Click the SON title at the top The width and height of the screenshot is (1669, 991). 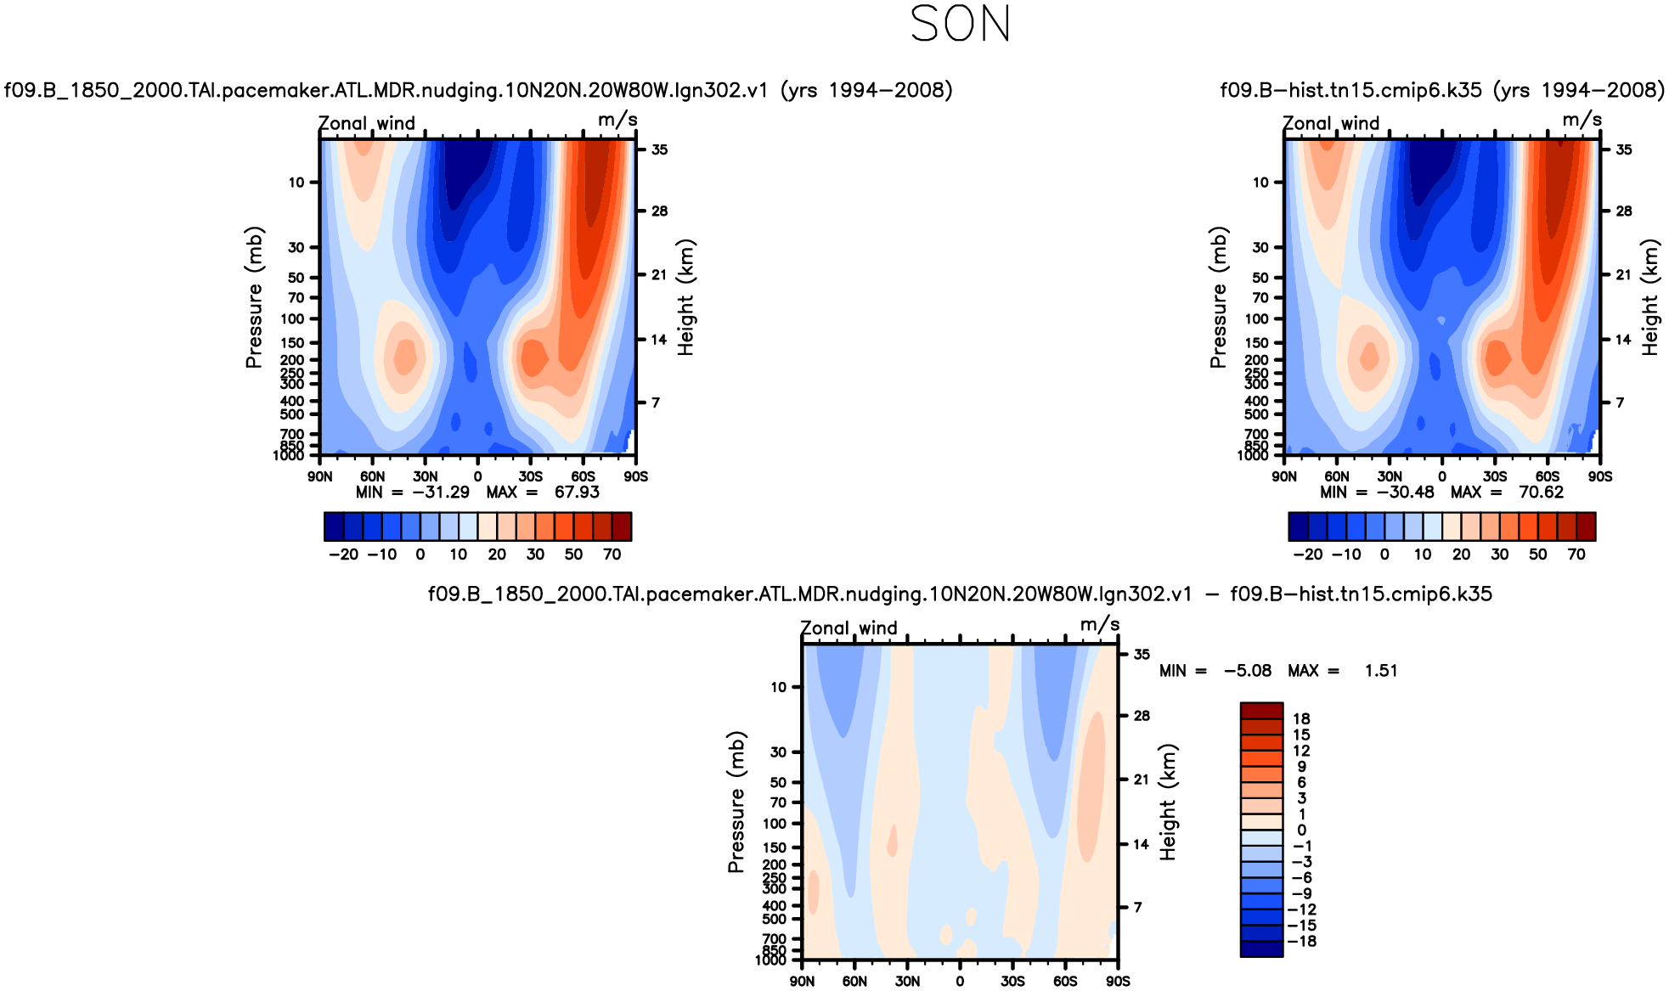tap(960, 25)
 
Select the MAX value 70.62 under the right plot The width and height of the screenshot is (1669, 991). tap(1541, 493)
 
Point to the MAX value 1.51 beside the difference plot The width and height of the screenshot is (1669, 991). tap(1381, 671)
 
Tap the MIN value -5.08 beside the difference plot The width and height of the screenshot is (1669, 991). tap(1247, 671)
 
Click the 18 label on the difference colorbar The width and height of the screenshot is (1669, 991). tap(1301, 718)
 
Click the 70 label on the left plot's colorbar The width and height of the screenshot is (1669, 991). tap(612, 555)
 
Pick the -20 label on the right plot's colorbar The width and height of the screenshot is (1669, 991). tap(1308, 555)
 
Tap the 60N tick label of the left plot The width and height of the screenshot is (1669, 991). tap(372, 476)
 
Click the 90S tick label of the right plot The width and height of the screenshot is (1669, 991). tap(1599, 476)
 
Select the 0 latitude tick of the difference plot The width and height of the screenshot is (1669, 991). tap(960, 981)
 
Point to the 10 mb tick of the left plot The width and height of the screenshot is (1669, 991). tap(296, 182)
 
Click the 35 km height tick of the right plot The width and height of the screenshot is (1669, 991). tap(1623, 149)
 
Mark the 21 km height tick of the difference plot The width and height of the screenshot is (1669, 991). tap(1141, 780)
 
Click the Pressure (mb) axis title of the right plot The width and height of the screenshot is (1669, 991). tap(1218, 297)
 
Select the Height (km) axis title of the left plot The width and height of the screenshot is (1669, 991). tap(685, 297)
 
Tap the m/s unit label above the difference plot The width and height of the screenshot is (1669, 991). tap(1099, 625)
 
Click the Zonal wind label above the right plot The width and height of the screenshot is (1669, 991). tap(1330, 123)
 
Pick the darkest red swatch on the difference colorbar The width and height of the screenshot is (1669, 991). tap(1261, 710)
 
